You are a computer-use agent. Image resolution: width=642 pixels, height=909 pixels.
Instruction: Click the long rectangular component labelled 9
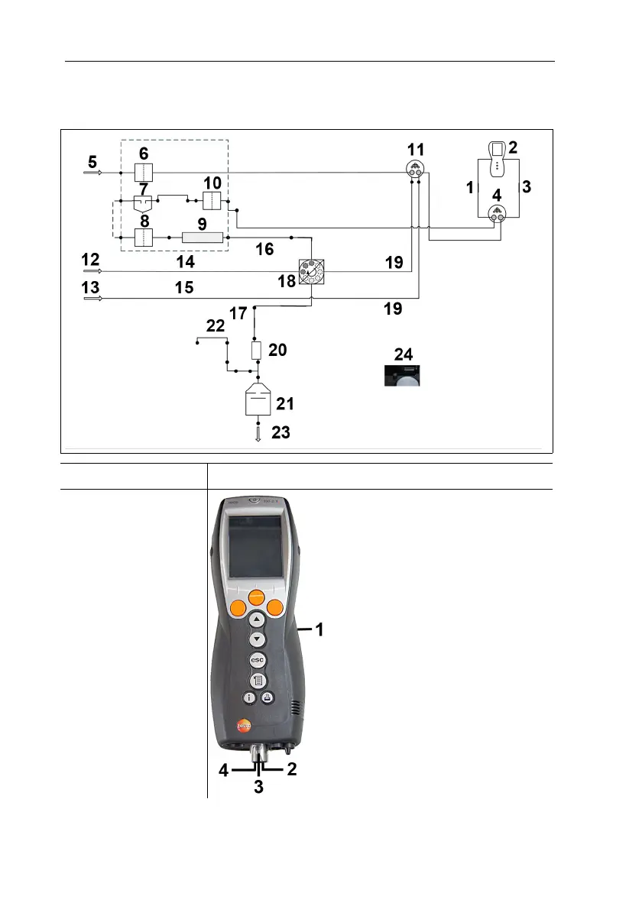[203, 238]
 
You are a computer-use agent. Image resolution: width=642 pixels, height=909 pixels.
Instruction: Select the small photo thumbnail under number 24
[401, 375]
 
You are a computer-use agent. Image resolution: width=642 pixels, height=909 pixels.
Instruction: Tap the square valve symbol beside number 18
[312, 271]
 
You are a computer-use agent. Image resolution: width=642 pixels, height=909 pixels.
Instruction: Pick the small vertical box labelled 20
[258, 351]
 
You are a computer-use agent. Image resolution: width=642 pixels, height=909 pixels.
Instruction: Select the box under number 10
[211, 201]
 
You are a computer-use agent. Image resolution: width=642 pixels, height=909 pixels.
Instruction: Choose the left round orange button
[238, 608]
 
